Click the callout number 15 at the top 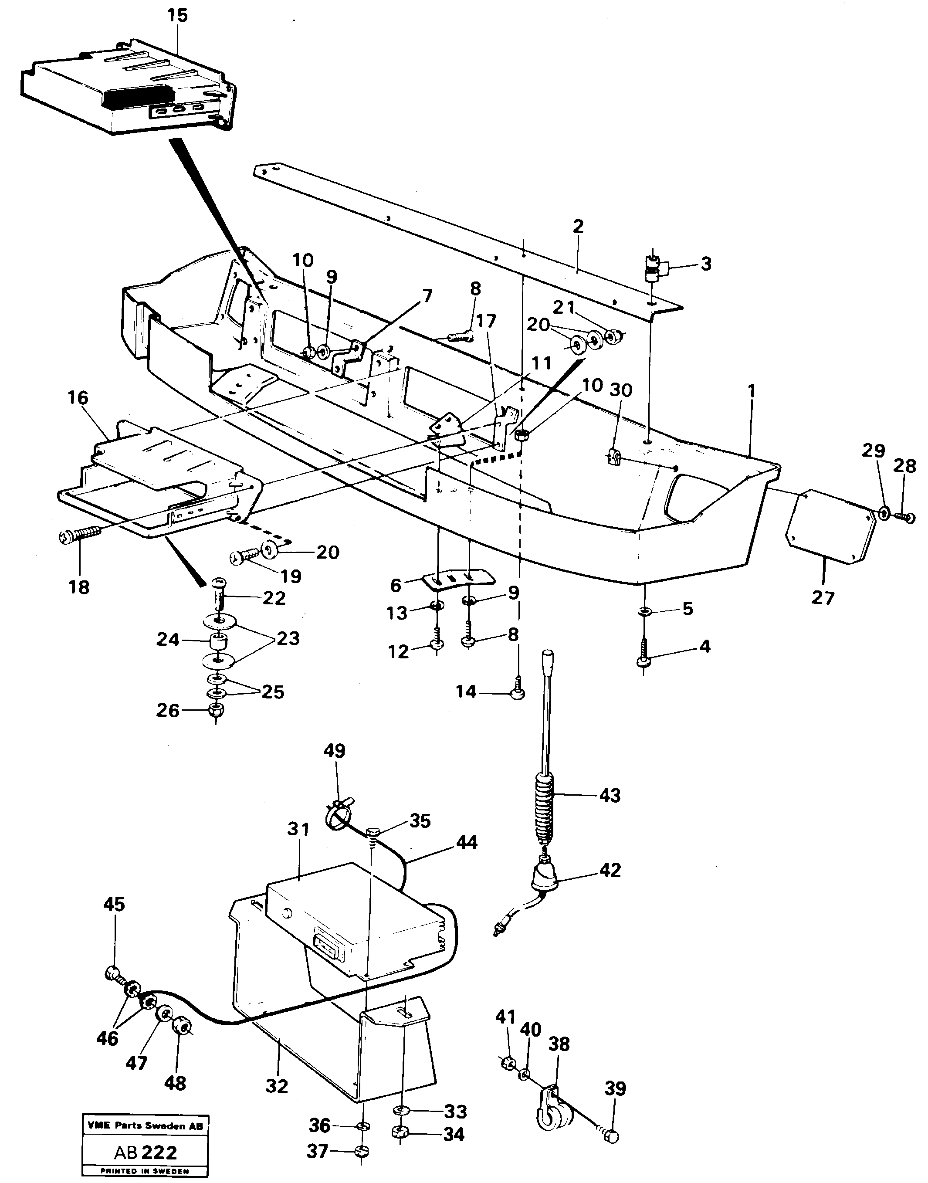point(178,16)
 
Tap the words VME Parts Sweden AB point(146,1126)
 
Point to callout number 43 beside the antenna point(609,796)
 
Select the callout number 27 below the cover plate point(822,598)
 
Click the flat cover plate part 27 point(831,525)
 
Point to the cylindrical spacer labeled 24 point(217,642)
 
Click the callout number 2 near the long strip point(578,226)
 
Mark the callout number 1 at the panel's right point(752,391)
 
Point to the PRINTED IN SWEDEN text point(146,1172)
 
